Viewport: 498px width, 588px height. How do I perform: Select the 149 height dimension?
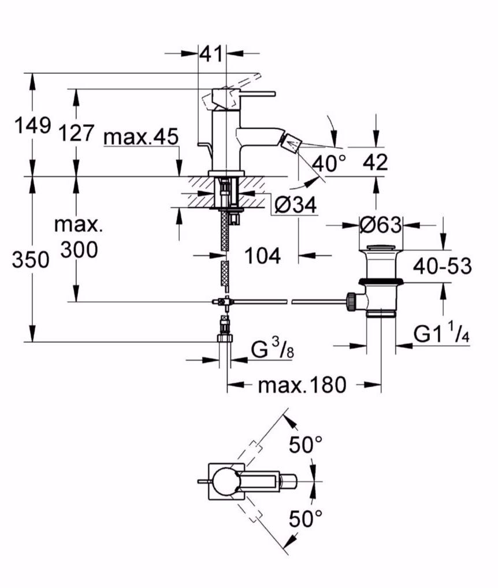point(33,125)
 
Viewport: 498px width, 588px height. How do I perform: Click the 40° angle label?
point(328,163)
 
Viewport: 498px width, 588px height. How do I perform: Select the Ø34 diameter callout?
point(295,205)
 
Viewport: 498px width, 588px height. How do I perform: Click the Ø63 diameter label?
point(380,224)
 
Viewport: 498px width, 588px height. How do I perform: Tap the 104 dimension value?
point(262,255)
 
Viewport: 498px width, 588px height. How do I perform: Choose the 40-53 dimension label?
point(443,265)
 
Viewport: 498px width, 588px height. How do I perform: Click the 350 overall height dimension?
point(31,260)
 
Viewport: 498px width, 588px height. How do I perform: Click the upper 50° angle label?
point(306,444)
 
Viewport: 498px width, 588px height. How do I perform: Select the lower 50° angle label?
point(306,518)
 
